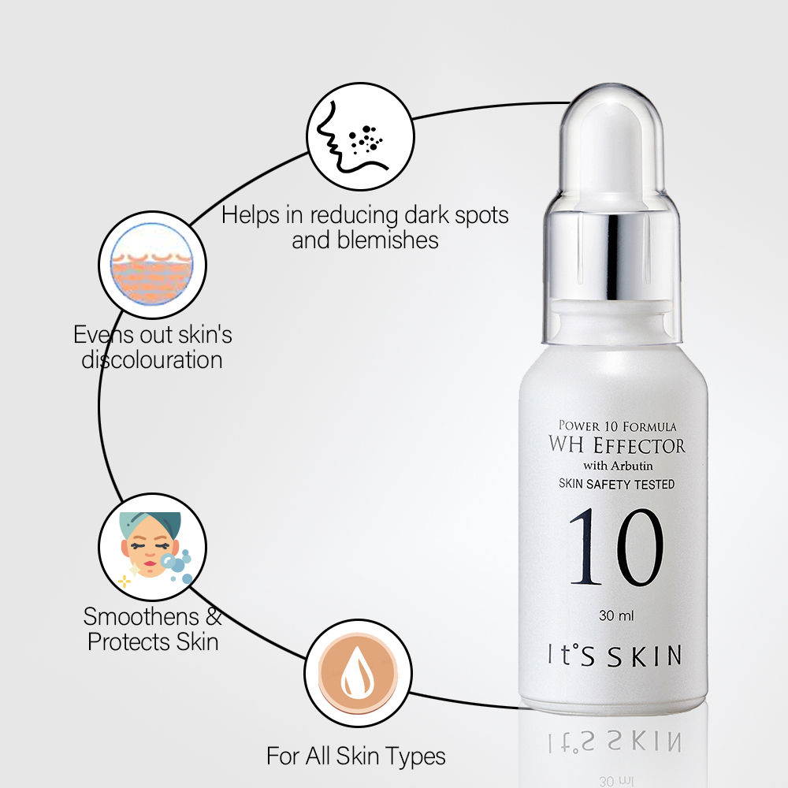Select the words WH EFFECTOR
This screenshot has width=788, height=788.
pyautogui.click(x=617, y=445)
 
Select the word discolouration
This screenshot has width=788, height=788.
pyautogui.click(x=152, y=360)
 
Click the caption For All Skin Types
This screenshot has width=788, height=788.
pyautogui.click(x=356, y=756)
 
